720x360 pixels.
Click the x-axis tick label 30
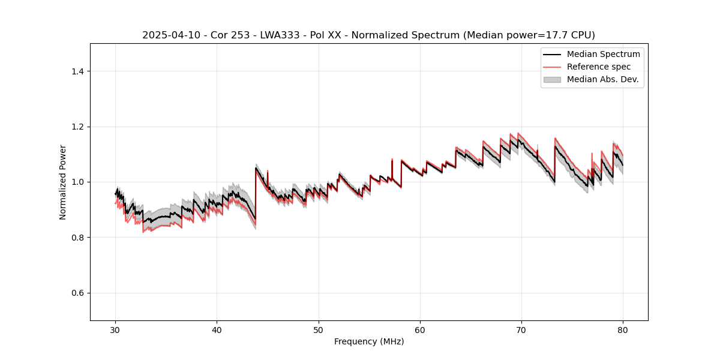(x=116, y=329)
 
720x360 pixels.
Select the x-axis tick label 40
(x=217, y=329)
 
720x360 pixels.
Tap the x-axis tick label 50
(x=319, y=329)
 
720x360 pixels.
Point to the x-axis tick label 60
(x=420, y=329)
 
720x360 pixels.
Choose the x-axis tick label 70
(x=521, y=329)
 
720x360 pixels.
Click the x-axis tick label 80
(x=623, y=329)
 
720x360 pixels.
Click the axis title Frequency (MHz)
(x=369, y=341)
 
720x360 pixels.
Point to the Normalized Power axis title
(x=62, y=182)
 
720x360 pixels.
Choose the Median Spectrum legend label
(x=603, y=54)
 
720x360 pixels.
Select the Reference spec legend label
(x=599, y=67)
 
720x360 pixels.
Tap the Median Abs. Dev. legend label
(x=602, y=79)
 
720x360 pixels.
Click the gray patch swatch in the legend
(x=552, y=79)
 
